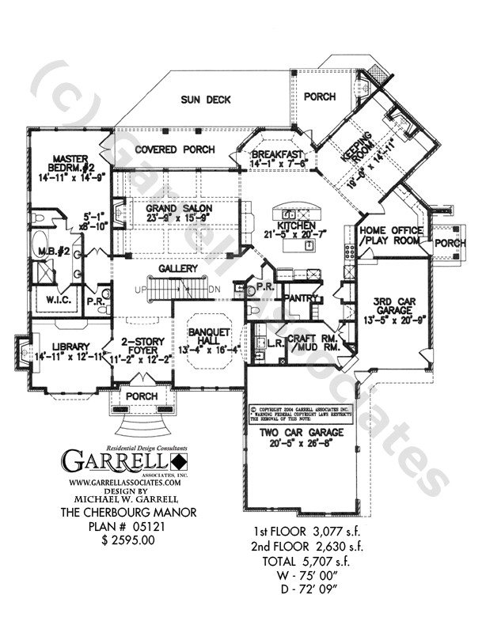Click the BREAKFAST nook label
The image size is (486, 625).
tap(277, 154)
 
